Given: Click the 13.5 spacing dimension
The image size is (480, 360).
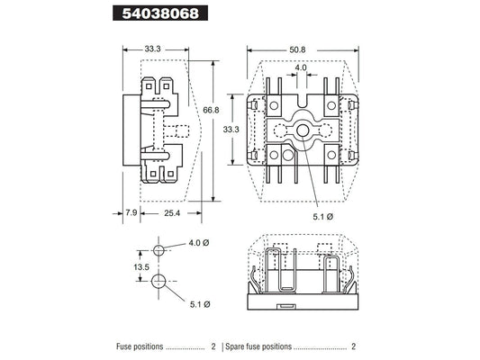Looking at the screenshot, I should point(140,268).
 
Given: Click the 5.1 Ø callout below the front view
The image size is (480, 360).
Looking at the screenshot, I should point(325,216).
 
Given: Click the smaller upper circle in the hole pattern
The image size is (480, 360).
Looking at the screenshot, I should point(159,249).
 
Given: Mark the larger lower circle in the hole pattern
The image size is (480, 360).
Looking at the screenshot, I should point(159,282).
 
